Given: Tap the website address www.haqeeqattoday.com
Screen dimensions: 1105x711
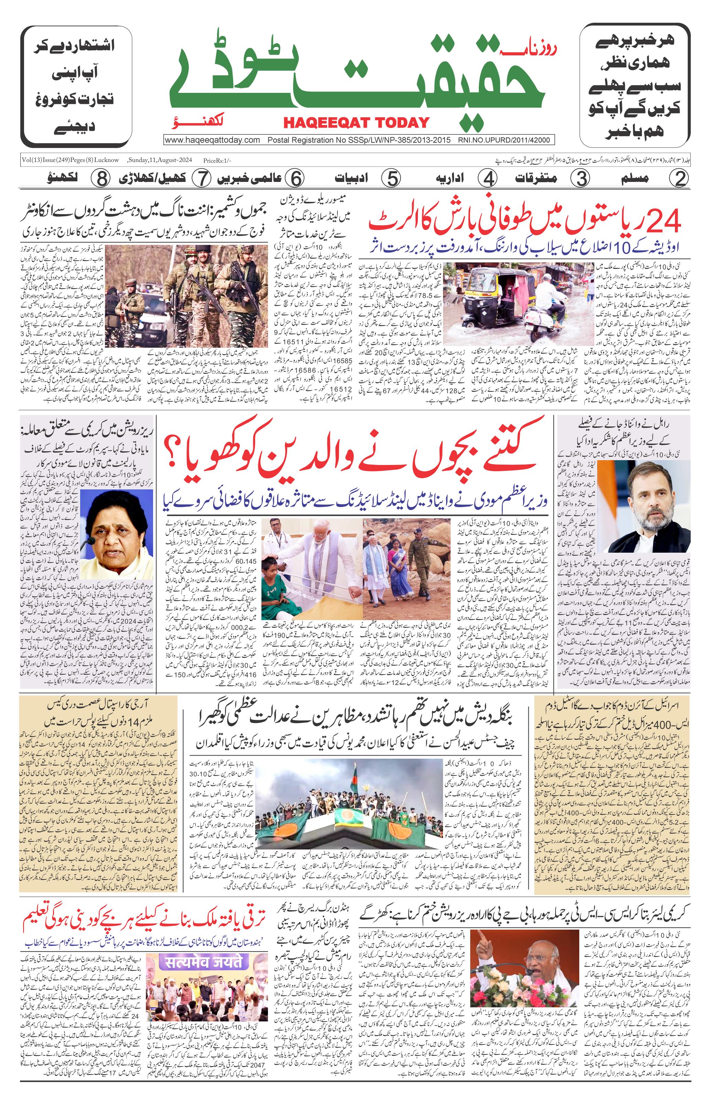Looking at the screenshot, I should click(x=212, y=140).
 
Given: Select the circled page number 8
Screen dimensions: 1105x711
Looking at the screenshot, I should click(x=100, y=178).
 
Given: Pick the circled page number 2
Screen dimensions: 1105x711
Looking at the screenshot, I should click(x=679, y=178).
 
